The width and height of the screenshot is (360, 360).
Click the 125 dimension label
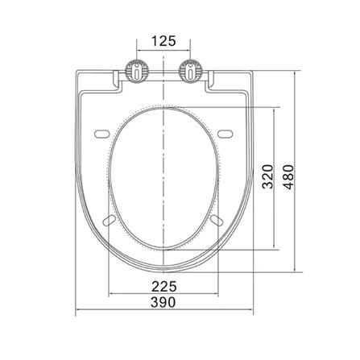[x=163, y=41]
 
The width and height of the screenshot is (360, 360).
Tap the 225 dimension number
[x=164, y=287]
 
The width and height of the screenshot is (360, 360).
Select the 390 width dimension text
[x=163, y=302]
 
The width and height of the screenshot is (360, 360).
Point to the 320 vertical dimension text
[x=267, y=176]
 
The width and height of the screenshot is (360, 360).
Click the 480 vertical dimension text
[x=288, y=177]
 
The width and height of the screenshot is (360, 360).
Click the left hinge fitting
[x=137, y=71]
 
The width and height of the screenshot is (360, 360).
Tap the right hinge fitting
[x=190, y=71]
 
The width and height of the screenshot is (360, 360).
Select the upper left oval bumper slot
[x=102, y=134]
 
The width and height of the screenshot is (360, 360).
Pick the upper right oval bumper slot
[x=225, y=134]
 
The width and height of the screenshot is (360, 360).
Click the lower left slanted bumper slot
[x=110, y=219]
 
